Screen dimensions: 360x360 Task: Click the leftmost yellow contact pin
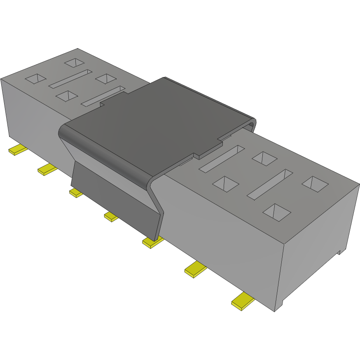pos(17,150)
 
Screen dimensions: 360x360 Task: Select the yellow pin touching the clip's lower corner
pos(152,243)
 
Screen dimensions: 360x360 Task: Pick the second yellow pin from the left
pos(47,169)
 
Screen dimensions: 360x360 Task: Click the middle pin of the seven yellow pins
pos(111,217)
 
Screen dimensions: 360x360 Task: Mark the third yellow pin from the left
pos(76,193)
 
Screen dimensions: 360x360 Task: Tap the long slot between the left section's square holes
pos(70,78)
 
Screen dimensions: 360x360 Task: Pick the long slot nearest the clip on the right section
pos(222,158)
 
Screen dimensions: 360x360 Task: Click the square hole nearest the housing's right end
pos(315,184)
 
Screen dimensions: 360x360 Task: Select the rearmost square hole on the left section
pos(75,63)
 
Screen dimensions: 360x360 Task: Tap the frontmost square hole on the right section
pos(276,211)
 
